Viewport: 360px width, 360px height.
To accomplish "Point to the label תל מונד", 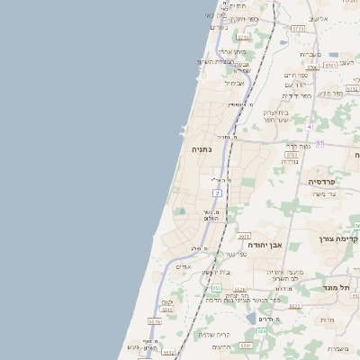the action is pyautogui.click(x=336, y=287).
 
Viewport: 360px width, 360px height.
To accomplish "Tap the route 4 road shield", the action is pyautogui.click(x=309, y=125).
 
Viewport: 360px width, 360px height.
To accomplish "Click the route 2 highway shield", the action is pyautogui.click(x=217, y=193).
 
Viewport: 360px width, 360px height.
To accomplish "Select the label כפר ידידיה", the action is pyautogui.click(x=296, y=95).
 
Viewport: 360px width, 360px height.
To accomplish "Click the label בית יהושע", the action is pyautogui.click(x=217, y=272).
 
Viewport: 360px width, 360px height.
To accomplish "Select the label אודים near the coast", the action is pyautogui.click(x=184, y=266).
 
